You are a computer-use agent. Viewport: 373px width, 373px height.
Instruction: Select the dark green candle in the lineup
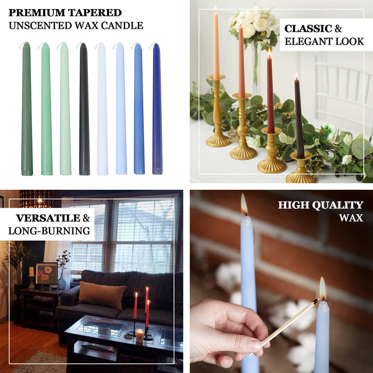point(27,109)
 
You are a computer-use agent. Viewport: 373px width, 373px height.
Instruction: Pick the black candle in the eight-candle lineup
point(84,109)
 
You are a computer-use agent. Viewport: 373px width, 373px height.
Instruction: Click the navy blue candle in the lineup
point(157,109)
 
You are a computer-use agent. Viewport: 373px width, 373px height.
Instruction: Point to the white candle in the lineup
point(102,109)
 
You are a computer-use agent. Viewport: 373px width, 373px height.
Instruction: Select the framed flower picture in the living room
point(46,273)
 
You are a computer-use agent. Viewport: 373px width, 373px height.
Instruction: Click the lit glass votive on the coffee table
point(140,335)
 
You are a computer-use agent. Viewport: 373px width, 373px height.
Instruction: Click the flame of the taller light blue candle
point(244,204)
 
